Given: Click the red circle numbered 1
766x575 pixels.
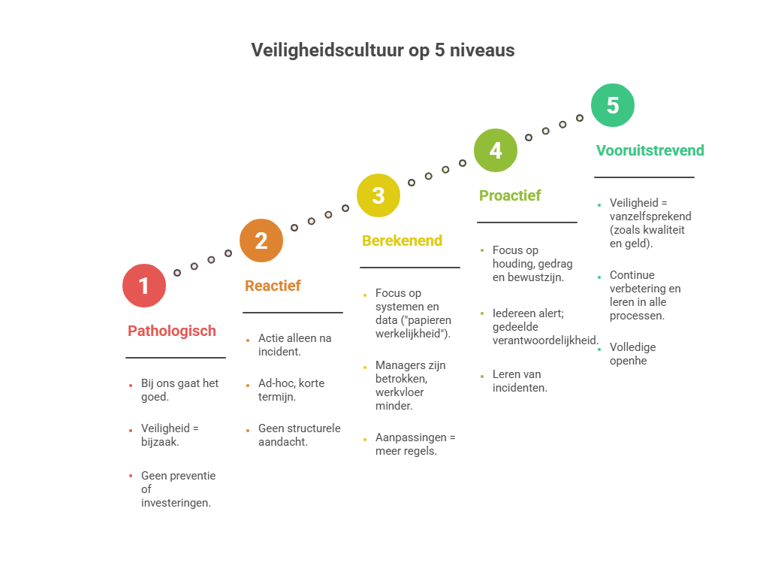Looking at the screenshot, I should pyautogui.click(x=144, y=286).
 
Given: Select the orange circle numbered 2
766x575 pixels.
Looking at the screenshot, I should pyautogui.click(x=261, y=241).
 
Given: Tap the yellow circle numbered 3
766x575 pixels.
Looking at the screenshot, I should pyautogui.click(x=378, y=195).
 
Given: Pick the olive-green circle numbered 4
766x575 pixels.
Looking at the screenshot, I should pyautogui.click(x=496, y=150).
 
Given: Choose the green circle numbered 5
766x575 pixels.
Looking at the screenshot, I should pyautogui.click(x=613, y=105).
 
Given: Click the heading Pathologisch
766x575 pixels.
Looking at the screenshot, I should pyautogui.click(x=172, y=331).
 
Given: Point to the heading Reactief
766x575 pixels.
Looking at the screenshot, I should pyautogui.click(x=273, y=286).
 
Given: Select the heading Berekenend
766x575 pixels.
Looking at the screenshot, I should pyautogui.click(x=403, y=241).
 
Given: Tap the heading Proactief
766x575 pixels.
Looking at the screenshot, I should pyautogui.click(x=510, y=195).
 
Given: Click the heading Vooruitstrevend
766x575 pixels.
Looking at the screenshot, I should pyautogui.click(x=650, y=150).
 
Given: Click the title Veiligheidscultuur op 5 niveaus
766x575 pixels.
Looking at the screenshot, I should pyautogui.click(x=383, y=50).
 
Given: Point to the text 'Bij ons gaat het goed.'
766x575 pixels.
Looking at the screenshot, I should pyautogui.click(x=179, y=389).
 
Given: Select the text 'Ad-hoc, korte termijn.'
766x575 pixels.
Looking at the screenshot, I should pyautogui.click(x=291, y=389).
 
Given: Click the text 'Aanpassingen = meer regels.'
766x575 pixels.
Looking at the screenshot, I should pyautogui.click(x=415, y=444).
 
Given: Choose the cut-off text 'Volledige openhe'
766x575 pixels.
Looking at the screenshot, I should pyautogui.click(x=632, y=353).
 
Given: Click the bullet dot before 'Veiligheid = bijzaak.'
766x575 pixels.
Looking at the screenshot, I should pyautogui.click(x=131, y=430).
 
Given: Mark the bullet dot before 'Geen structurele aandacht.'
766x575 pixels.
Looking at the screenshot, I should pyautogui.click(x=248, y=430).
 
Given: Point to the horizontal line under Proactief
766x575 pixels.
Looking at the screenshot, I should pyautogui.click(x=527, y=222).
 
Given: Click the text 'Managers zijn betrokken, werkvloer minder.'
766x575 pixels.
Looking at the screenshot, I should pyautogui.click(x=409, y=386).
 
